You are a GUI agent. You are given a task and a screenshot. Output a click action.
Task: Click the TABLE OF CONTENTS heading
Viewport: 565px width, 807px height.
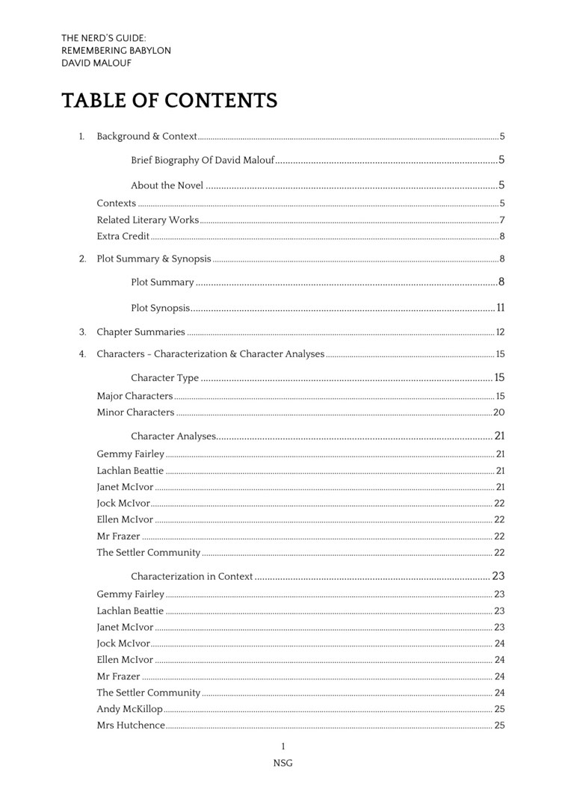169,101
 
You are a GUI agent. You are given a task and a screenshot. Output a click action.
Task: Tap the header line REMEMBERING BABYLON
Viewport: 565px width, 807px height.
116,51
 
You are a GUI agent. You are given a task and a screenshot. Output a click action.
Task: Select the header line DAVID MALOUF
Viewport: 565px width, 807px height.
96,64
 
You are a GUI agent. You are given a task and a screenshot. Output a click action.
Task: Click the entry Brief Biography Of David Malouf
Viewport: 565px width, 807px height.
203,160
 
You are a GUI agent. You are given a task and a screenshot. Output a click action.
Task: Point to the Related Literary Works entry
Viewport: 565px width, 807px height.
148,220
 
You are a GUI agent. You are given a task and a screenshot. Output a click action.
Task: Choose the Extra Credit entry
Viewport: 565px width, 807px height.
123,236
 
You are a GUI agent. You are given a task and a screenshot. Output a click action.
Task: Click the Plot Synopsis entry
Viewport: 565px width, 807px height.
160,308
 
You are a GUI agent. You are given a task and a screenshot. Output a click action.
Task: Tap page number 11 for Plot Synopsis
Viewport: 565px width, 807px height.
501,308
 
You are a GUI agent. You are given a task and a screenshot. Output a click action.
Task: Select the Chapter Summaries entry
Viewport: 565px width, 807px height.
141,332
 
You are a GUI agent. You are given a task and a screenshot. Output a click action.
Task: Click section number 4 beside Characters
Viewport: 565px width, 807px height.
82,354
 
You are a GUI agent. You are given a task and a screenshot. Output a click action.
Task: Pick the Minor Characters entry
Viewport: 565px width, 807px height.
135,412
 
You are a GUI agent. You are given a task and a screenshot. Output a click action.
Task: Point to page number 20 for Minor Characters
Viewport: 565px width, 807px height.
499,412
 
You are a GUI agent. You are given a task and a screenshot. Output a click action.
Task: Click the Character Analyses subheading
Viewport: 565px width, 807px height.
173,436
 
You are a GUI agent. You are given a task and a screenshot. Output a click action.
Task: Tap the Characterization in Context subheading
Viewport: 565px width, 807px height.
192,577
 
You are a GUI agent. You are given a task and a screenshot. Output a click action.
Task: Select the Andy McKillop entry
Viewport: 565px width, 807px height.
129,709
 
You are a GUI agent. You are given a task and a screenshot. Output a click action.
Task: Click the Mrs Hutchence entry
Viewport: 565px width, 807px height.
131,726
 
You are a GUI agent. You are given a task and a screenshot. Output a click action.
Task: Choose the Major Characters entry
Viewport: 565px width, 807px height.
135,396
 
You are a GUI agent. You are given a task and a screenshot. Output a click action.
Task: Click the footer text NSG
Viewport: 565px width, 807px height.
282,763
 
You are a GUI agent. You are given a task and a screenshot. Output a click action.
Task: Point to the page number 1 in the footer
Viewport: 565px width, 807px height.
282,746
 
